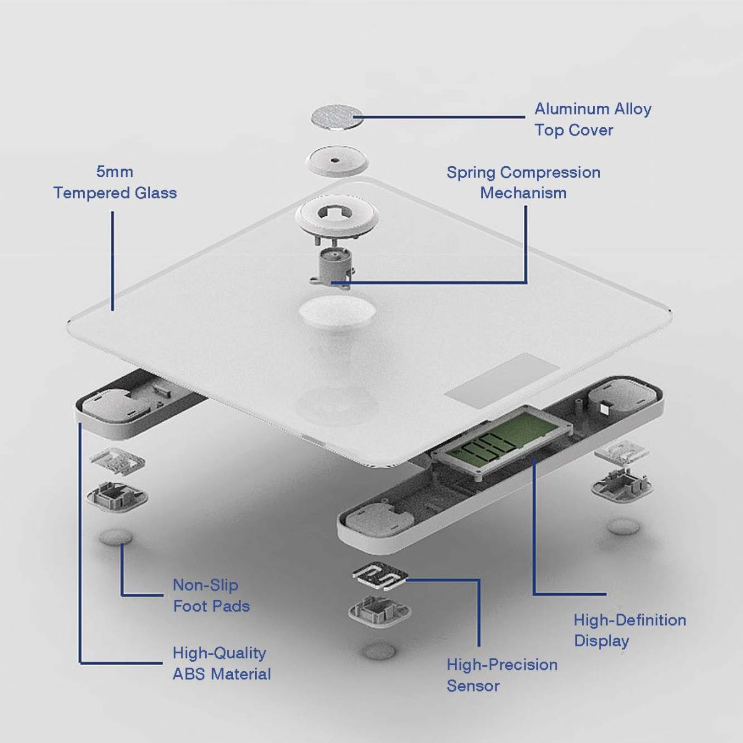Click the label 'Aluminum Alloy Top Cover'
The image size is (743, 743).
click(593, 119)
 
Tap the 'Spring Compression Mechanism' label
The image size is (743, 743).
click(523, 182)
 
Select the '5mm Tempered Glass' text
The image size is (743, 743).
click(115, 182)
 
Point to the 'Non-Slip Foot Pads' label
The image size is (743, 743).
click(211, 595)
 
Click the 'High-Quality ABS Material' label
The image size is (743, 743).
click(221, 663)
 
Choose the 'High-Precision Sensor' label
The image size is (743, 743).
click(502, 675)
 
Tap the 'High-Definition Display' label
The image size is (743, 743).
click(629, 630)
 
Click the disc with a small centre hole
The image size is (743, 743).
click(335, 161)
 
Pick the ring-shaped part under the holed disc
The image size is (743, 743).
click(336, 214)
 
